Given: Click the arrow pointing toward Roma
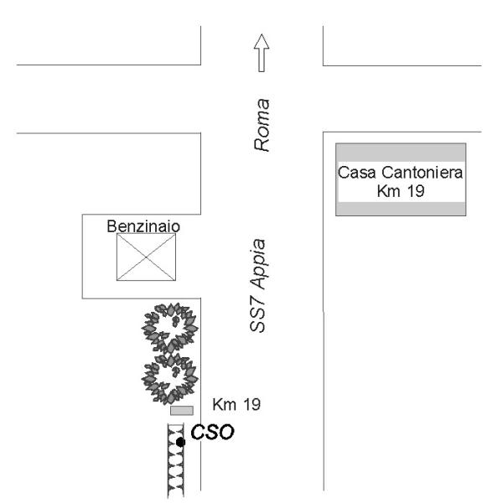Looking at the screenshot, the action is pyautogui.click(x=262, y=53).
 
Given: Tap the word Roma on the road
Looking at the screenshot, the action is pyautogui.click(x=262, y=125).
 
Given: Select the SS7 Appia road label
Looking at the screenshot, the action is pyautogui.click(x=258, y=286).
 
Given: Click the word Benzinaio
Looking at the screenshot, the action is pyautogui.click(x=143, y=226).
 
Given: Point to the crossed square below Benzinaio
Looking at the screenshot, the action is pyautogui.click(x=146, y=257).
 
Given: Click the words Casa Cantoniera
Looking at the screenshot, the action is pyautogui.click(x=401, y=173).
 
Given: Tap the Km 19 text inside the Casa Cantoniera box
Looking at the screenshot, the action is pyautogui.click(x=401, y=191).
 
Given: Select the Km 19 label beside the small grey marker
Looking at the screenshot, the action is pyautogui.click(x=236, y=405).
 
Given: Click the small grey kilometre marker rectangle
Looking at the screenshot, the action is pyautogui.click(x=182, y=411).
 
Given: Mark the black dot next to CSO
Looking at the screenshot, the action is pyautogui.click(x=180, y=443).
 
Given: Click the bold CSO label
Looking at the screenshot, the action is pyautogui.click(x=212, y=432).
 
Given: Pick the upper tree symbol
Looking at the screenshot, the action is pyautogui.click(x=170, y=327).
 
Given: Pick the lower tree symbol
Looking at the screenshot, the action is pyautogui.click(x=170, y=379).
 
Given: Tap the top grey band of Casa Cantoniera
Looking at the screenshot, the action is pyautogui.click(x=401, y=153).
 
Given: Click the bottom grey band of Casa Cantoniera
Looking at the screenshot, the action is pyautogui.click(x=401, y=209).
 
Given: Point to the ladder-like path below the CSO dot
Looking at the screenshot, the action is pyautogui.click(x=176, y=461).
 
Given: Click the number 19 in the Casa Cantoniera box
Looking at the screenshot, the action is pyautogui.click(x=416, y=191).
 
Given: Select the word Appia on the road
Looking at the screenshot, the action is pyautogui.click(x=258, y=265).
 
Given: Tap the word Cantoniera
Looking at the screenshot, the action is pyautogui.click(x=423, y=173).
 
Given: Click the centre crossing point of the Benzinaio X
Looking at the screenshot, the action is pyautogui.click(x=146, y=257).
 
